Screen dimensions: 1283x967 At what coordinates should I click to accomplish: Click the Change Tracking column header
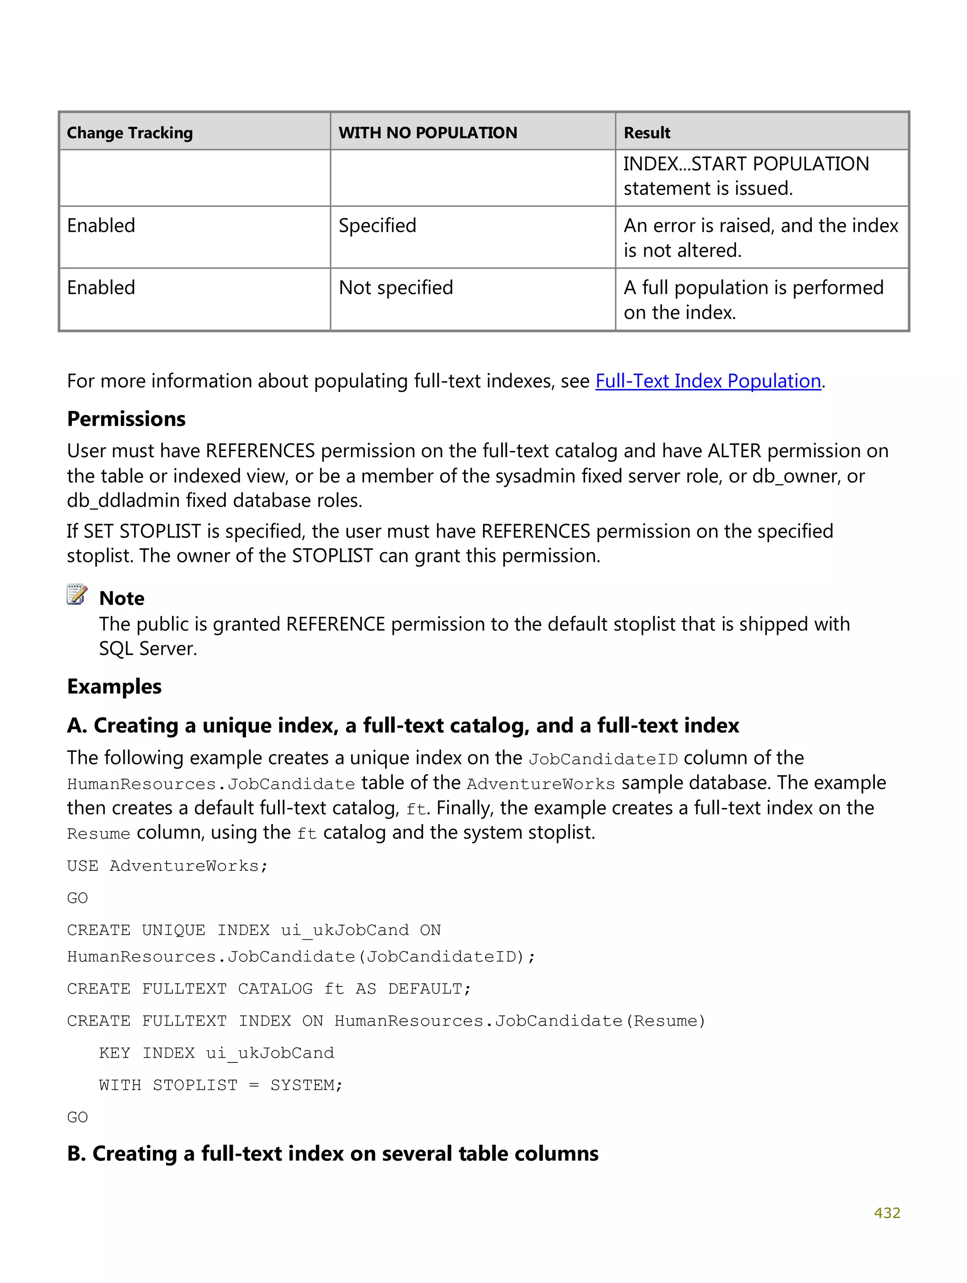click(x=129, y=133)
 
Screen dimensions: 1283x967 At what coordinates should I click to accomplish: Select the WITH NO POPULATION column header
click(x=427, y=133)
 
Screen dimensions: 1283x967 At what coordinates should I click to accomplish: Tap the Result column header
click(x=646, y=133)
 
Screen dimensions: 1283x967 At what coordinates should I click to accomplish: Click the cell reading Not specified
click(x=396, y=288)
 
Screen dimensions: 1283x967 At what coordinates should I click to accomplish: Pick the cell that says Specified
click(x=377, y=226)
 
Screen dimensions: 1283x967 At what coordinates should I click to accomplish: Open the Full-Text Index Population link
click(x=708, y=381)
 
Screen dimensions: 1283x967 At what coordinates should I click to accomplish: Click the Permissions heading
click(x=126, y=419)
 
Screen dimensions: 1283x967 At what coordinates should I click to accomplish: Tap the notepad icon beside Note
click(x=76, y=595)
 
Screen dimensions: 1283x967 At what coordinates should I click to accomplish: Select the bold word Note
click(x=122, y=598)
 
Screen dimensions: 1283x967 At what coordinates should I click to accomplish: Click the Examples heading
click(x=114, y=686)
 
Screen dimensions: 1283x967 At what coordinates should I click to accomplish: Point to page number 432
click(x=886, y=1213)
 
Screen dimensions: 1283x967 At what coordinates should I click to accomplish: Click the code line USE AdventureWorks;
click(x=167, y=866)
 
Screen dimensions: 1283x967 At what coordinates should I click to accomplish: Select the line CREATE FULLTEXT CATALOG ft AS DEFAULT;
click(x=269, y=989)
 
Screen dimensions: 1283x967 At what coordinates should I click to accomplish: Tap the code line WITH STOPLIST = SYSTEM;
click(x=221, y=1085)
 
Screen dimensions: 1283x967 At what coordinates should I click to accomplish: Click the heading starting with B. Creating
click(x=332, y=1154)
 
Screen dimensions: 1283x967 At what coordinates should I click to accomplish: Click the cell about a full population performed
click(x=753, y=300)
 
